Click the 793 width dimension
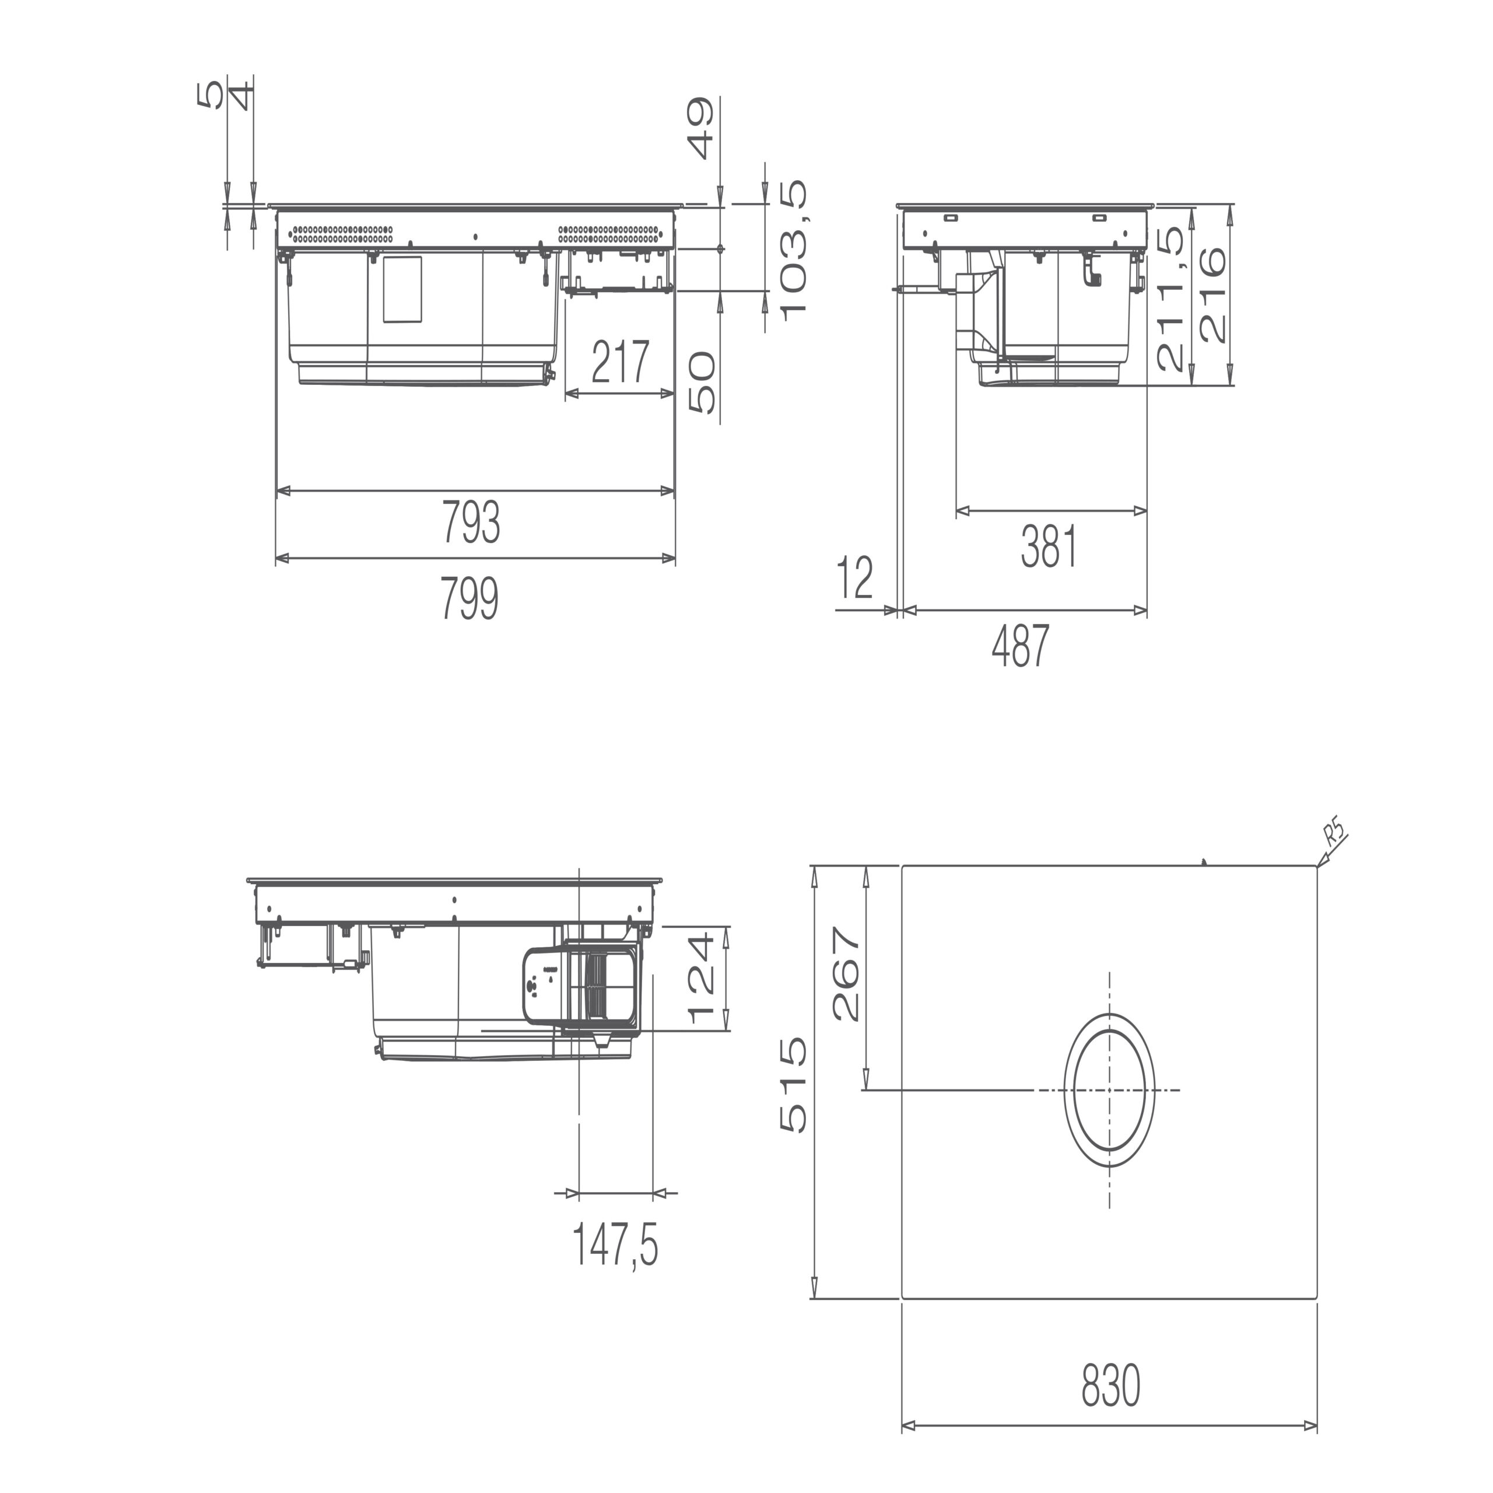click(x=471, y=523)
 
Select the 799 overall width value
click(x=471, y=599)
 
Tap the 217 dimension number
click(x=621, y=362)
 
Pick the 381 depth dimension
click(x=1049, y=547)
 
